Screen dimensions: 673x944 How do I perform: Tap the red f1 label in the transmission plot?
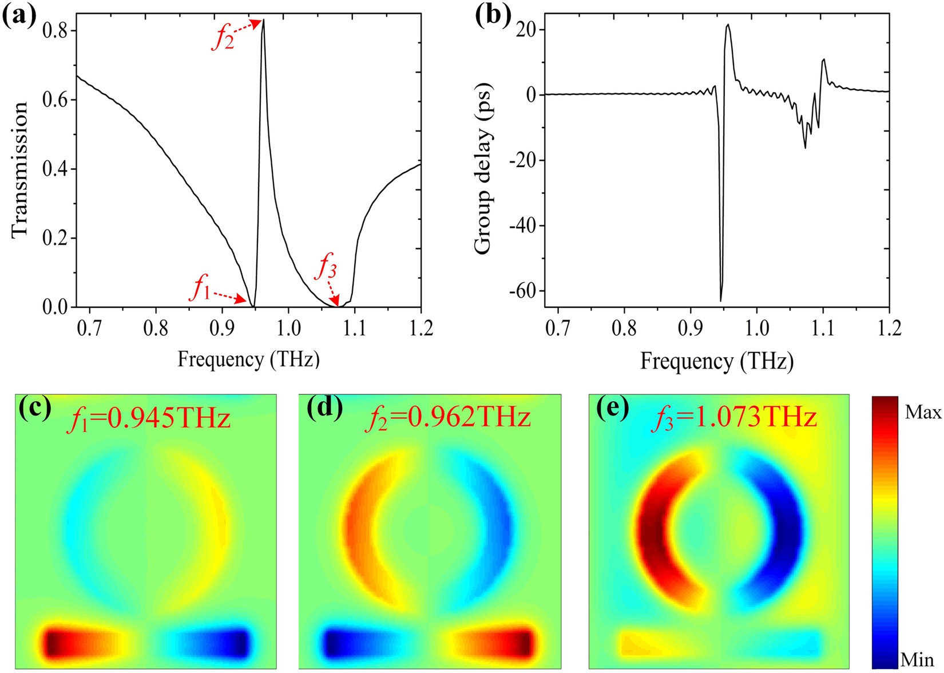(x=201, y=288)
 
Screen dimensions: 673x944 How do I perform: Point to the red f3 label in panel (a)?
(x=327, y=267)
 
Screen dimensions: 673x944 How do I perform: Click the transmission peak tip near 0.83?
(x=263, y=21)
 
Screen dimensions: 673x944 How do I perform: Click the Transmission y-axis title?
(x=19, y=169)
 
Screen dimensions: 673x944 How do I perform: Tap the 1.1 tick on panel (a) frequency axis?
(x=355, y=328)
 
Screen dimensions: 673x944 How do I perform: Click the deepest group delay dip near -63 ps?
(x=720, y=300)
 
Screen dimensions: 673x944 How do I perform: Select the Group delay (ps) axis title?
(x=483, y=169)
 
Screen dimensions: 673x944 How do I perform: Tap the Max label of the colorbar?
(x=922, y=412)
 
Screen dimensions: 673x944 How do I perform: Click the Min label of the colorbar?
(x=917, y=660)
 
